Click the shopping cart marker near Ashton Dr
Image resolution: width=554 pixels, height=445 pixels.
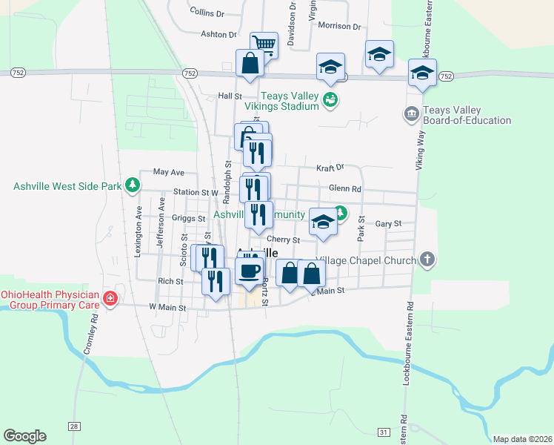click(x=264, y=44)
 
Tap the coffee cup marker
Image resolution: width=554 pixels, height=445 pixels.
click(x=250, y=270)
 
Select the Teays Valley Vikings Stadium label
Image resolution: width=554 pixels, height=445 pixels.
click(x=290, y=102)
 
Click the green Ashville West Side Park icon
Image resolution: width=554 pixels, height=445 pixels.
click(x=132, y=185)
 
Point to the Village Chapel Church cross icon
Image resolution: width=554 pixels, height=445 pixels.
click(x=427, y=259)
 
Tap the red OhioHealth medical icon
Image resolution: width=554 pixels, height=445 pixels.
click(x=110, y=298)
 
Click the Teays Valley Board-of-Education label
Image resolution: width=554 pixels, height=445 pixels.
click(x=467, y=115)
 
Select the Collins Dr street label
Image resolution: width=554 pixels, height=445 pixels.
click(x=207, y=13)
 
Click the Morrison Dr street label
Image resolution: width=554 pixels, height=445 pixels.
click(x=338, y=26)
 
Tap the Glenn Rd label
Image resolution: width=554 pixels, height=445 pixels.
click(x=345, y=188)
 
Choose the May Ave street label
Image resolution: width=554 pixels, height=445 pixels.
click(x=168, y=172)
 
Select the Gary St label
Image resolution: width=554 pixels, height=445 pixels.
click(x=388, y=223)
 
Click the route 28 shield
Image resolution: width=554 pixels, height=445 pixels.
click(x=73, y=425)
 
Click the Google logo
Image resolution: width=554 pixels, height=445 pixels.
click(x=24, y=436)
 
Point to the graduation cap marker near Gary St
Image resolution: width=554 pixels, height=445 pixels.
click(x=323, y=221)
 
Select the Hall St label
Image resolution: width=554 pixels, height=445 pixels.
click(x=230, y=96)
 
